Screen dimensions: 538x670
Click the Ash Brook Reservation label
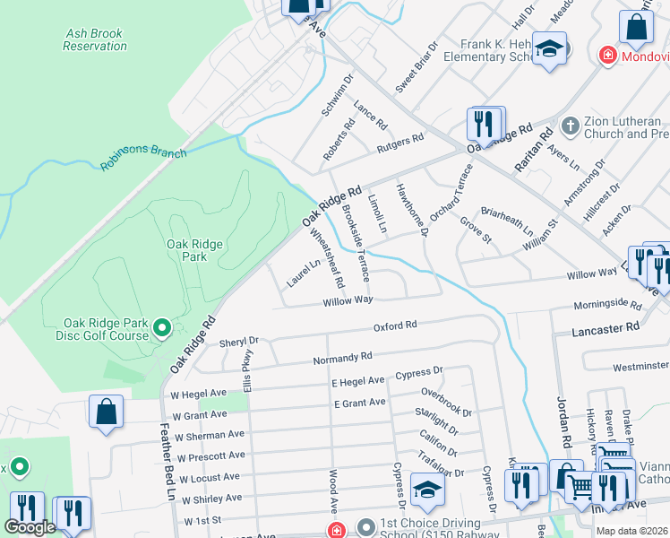[94, 39]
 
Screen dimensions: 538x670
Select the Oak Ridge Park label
[186, 250]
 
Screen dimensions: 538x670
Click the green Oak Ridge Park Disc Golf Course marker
[161, 329]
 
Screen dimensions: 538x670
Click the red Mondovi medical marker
[608, 56]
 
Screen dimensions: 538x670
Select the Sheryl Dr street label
[238, 342]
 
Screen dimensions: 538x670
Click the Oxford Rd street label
[395, 325]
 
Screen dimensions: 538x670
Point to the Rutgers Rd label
[399, 141]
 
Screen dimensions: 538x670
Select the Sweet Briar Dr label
[417, 67]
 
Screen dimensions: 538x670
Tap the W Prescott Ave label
[210, 457]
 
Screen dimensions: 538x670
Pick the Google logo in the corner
[30, 527]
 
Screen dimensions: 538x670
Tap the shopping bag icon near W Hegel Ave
[106, 413]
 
